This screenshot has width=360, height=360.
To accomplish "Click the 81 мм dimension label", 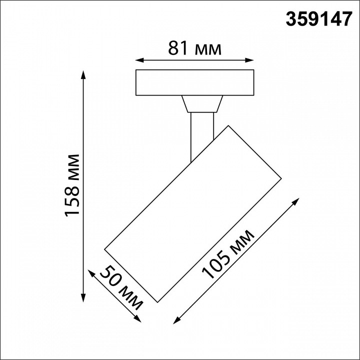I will [x=194, y=48].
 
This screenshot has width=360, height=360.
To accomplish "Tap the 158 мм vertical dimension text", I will [x=72, y=185].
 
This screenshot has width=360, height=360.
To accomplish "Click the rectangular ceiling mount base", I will [x=195, y=82].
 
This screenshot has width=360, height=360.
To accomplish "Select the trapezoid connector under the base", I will [x=202, y=104].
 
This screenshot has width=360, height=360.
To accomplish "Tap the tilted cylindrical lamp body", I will [x=192, y=212].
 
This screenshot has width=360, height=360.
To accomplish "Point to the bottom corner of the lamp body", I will [x=158, y=302].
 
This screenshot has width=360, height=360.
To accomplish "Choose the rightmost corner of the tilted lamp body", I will [x=281, y=178].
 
